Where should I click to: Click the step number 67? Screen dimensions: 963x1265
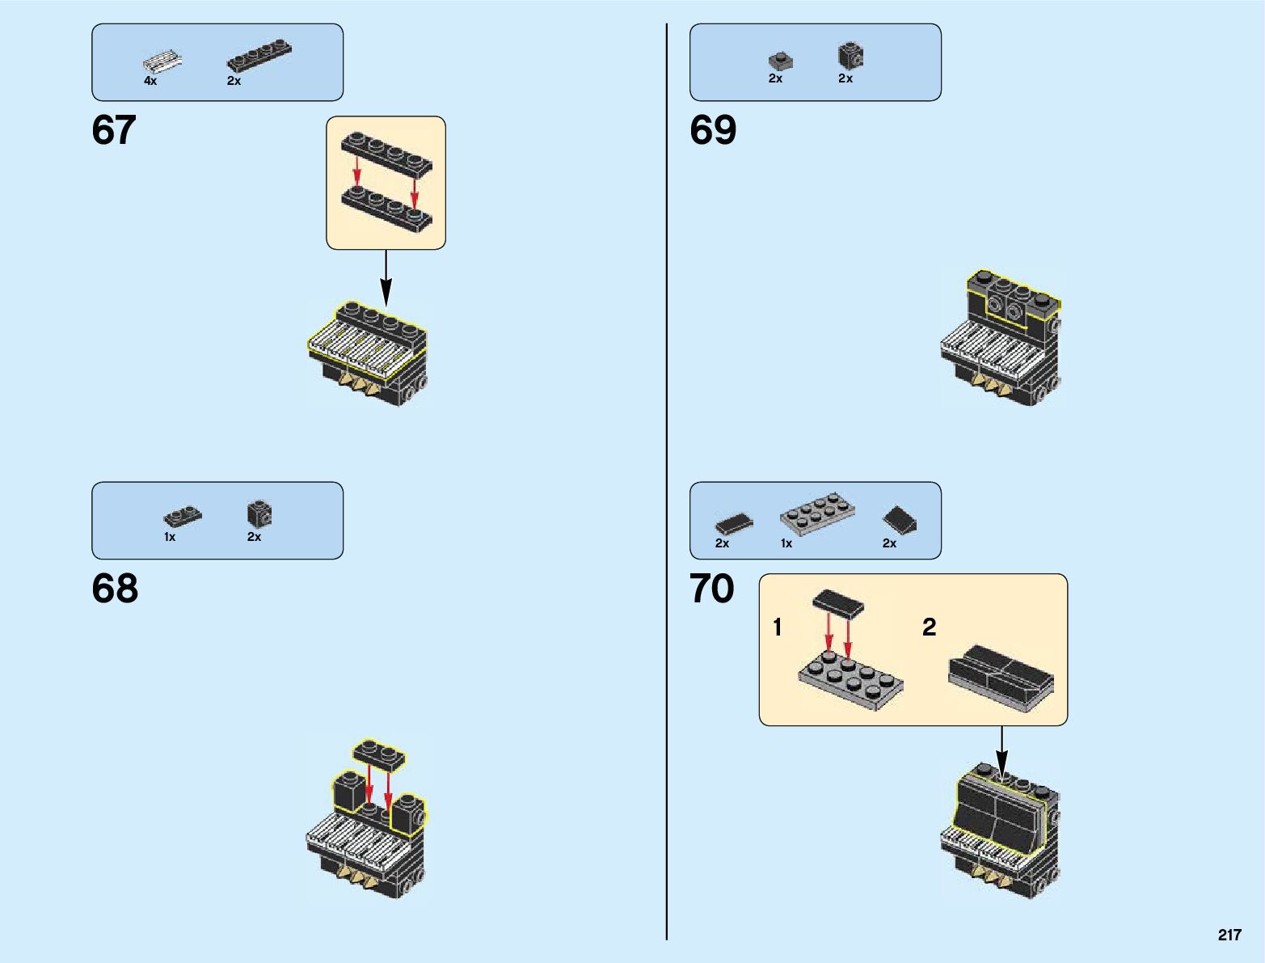(x=114, y=130)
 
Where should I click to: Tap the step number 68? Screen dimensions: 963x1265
(x=115, y=589)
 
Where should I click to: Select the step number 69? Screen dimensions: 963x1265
(x=713, y=130)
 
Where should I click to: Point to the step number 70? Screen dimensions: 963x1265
(x=712, y=589)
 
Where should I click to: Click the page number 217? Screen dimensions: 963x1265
(x=1229, y=935)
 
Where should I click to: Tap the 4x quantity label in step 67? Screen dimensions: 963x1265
(x=150, y=81)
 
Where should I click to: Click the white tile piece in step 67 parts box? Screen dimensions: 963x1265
(x=162, y=61)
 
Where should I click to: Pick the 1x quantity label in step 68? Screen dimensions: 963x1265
(x=170, y=537)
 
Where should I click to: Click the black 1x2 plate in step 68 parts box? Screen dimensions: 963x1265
(x=183, y=515)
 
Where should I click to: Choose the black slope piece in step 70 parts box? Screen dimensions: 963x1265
(x=899, y=520)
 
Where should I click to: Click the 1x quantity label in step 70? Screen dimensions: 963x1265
(x=786, y=543)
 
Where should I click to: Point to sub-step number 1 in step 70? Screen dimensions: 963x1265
(x=778, y=627)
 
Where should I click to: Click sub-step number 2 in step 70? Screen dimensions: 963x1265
(x=930, y=627)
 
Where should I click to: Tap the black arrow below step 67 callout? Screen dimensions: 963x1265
(x=386, y=279)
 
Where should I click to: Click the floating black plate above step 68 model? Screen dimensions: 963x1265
(x=378, y=754)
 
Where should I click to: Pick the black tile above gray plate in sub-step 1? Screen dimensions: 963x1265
(x=838, y=602)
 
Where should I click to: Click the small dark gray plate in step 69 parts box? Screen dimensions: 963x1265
(x=780, y=61)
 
